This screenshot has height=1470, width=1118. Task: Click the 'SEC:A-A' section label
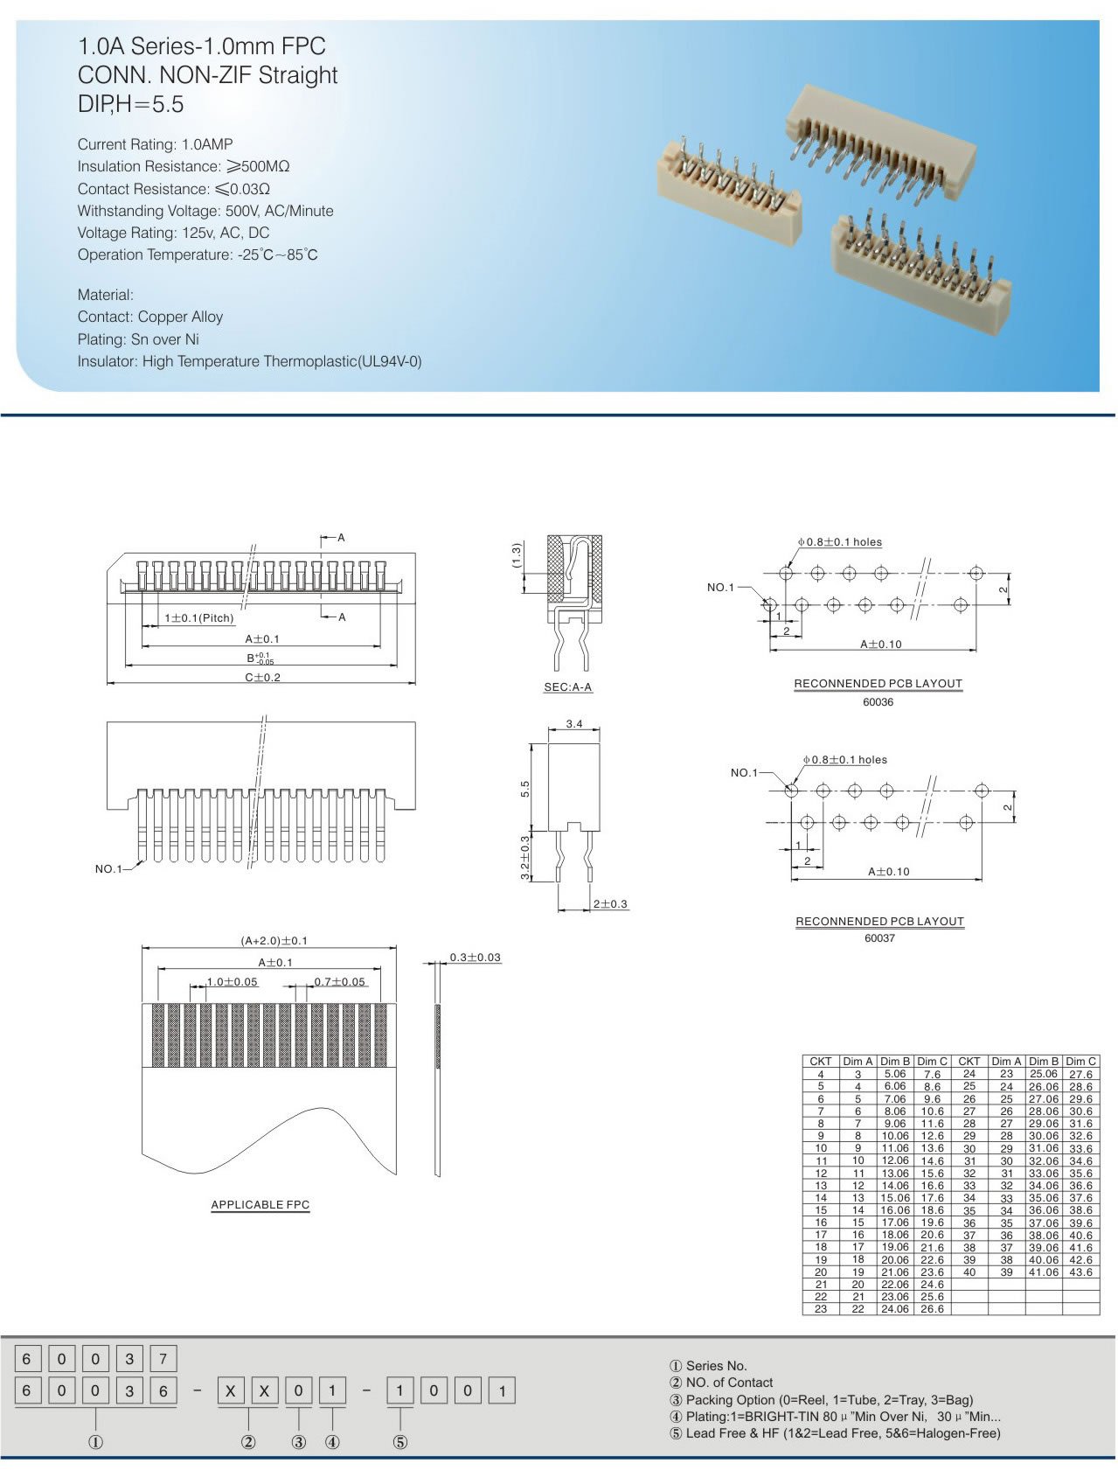pos(568,687)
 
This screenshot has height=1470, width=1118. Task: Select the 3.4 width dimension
pos(574,724)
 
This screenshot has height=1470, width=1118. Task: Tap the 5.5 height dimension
pos(525,789)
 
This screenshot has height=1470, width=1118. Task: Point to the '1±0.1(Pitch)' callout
pos(199,618)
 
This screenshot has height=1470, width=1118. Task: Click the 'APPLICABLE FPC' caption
pos(260,1205)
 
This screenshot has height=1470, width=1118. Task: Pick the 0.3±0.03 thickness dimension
pos(476,958)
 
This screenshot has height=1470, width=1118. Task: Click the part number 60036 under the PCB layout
pos(878,702)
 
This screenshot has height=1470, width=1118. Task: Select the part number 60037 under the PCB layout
pos(879,938)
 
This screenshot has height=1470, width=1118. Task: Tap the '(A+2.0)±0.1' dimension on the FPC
pos(274,941)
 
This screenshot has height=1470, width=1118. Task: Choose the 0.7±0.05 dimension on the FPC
pos(340,982)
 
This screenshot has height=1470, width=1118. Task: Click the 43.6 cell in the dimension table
pos(1080,1272)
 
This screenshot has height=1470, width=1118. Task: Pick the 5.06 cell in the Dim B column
pos(895,1074)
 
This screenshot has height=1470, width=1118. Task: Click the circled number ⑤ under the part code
pos(399,1442)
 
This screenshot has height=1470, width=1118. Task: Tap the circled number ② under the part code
pos(248,1442)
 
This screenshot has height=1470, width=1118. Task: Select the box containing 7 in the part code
pos(163,1359)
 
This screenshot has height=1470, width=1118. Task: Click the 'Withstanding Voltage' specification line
pos(205,211)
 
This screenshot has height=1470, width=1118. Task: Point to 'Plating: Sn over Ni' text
pos(138,339)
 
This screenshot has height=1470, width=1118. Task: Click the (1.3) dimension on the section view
pos(517,555)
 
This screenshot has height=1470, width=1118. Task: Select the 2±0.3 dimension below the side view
pos(610,904)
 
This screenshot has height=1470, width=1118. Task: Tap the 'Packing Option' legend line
pos(830,1400)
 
